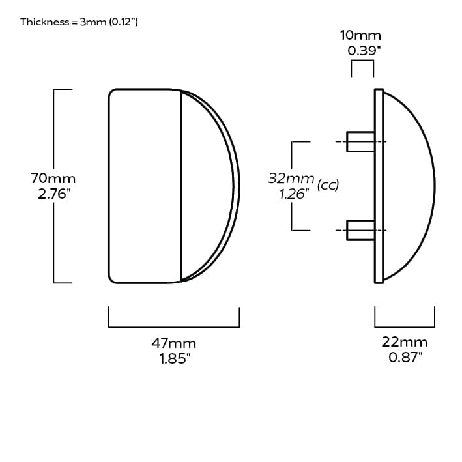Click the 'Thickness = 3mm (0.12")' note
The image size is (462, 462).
click(x=79, y=22)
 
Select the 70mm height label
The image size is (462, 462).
click(x=53, y=178)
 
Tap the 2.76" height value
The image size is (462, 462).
click(x=53, y=194)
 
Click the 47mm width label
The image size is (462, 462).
click(x=174, y=343)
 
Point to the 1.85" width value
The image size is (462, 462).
click(x=174, y=358)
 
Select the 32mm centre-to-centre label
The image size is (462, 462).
click(x=291, y=177)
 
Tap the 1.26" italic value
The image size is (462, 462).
click(x=291, y=194)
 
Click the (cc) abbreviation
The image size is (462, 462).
click(x=328, y=185)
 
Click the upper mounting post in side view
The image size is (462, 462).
click(x=360, y=141)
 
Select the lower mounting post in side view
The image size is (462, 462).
click(x=360, y=230)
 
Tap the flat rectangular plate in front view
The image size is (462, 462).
click(x=144, y=186)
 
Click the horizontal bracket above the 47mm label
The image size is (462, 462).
click(x=174, y=326)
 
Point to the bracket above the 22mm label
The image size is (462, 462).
click(x=405, y=326)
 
